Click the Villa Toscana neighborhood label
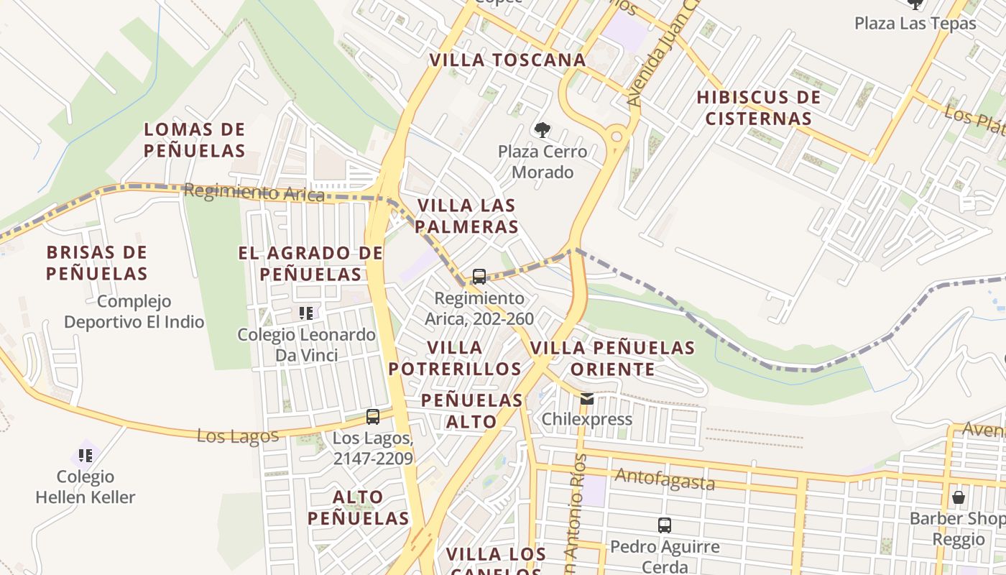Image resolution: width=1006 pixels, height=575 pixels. coord(507,60)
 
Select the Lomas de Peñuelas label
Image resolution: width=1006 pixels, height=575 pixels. coord(194,140)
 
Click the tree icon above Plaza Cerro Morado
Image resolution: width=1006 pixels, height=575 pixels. coord(543,130)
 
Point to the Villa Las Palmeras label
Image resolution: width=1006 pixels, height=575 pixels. coord(467,216)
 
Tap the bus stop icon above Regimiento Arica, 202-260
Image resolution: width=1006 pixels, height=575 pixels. coord(479,277)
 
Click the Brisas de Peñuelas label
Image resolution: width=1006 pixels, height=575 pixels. coord(97,263)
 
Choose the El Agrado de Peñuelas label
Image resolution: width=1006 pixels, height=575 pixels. coord(310,263)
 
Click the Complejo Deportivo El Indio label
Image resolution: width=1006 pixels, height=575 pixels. coord(134,311)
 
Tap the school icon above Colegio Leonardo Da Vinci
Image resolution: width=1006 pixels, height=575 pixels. coord(306,313)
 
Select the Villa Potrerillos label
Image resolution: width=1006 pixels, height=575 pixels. coord(454,358)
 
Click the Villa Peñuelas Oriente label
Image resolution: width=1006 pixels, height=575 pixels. coord(612,358)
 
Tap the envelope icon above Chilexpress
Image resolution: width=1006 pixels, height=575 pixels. coord(587,399)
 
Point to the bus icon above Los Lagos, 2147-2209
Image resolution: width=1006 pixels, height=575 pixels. coord(372,417)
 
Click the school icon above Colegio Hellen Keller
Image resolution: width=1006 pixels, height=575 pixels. coord(86,455)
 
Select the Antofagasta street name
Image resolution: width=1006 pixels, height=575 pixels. coord(665,479)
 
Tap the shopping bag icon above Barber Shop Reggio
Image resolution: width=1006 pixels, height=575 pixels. coord(958,497)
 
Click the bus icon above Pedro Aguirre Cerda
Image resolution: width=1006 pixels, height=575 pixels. coord(665,525)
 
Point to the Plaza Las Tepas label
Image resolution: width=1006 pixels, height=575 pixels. coord(915,23)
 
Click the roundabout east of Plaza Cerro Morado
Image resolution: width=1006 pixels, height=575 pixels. coord(616,136)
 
